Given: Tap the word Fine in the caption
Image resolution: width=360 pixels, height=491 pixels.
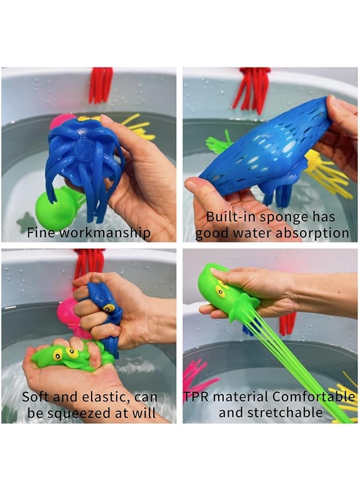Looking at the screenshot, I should point(40,233).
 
